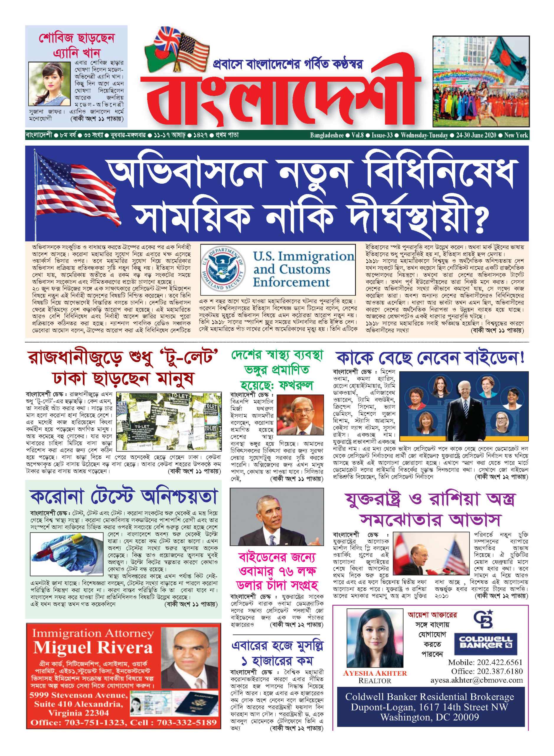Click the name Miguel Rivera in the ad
93,648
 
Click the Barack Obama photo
277,517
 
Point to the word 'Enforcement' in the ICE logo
291,282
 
